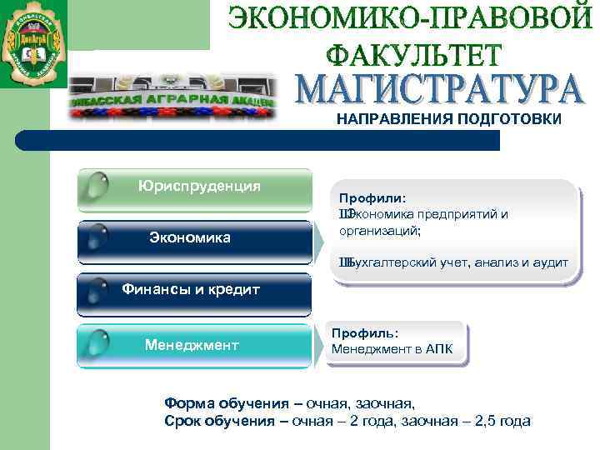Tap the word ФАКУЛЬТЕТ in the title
413,55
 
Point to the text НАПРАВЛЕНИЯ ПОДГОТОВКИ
449,119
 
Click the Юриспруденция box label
199,185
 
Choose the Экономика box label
189,237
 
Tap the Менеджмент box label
191,343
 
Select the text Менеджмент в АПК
392,348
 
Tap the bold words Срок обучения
219,421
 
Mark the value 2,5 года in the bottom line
501,421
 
